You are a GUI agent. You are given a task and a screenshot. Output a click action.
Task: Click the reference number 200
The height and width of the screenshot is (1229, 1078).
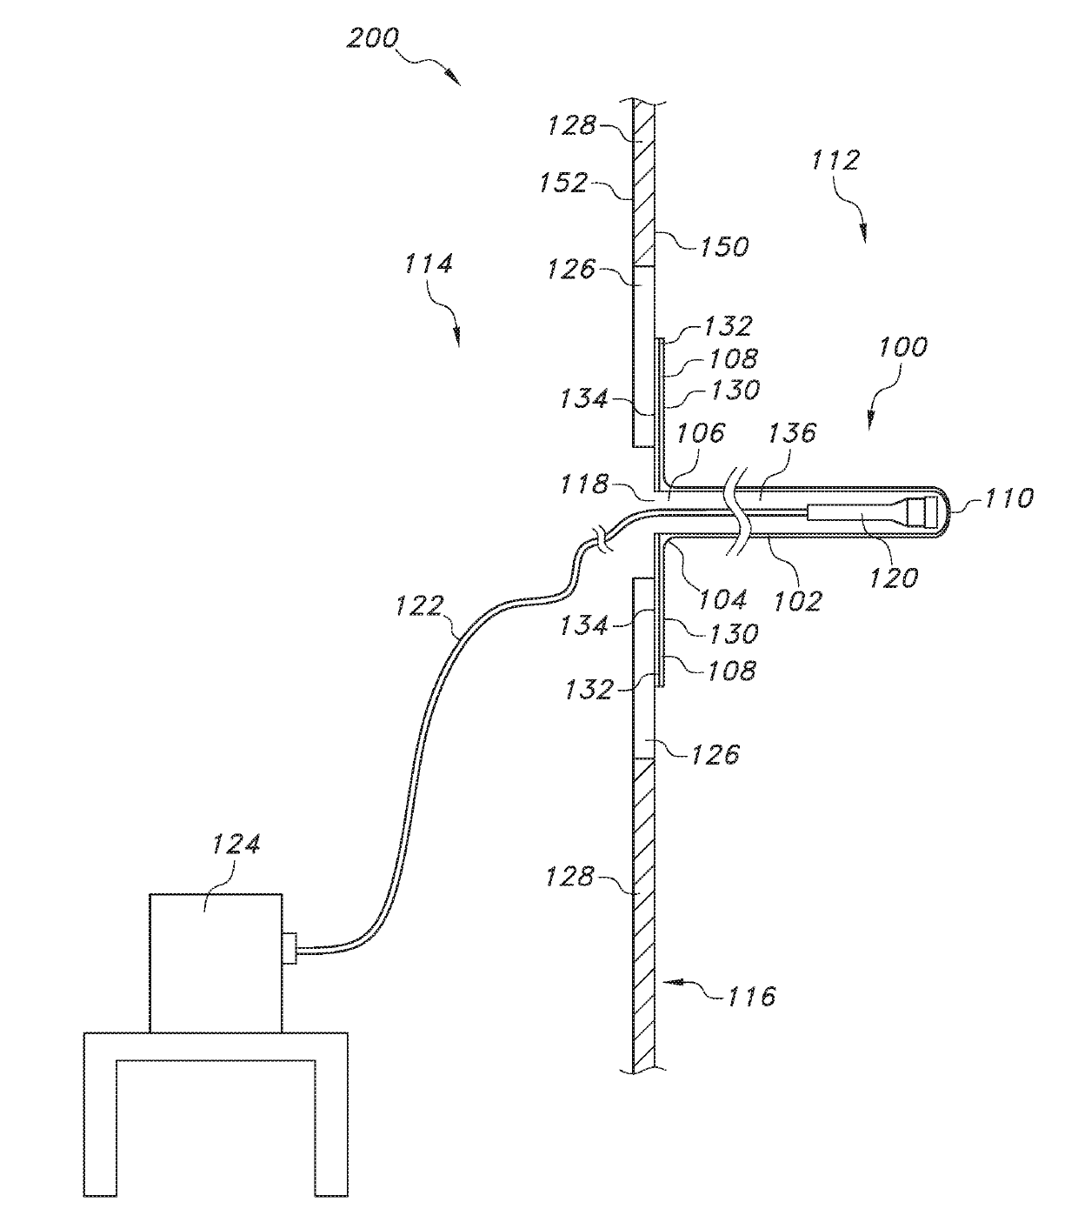tap(373, 38)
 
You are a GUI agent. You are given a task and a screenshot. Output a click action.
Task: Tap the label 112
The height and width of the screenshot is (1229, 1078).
tap(835, 161)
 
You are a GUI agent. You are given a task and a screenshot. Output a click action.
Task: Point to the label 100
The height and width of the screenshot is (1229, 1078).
tap(902, 348)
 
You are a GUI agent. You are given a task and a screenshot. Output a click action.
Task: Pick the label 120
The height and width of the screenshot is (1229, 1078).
tap(894, 577)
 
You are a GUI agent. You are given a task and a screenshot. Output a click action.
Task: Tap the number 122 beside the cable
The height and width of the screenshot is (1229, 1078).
tap(420, 605)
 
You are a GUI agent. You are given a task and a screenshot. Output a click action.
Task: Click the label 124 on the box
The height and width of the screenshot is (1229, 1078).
tap(236, 845)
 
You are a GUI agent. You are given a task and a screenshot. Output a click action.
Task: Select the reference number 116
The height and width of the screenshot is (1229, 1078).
tap(751, 996)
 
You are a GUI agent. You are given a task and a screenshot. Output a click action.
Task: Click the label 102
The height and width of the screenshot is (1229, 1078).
tap(797, 599)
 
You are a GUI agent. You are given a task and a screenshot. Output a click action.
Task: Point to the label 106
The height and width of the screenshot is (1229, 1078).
tap(701, 432)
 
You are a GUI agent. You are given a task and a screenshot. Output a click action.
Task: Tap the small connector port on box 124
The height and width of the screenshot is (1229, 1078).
tap(289, 947)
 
